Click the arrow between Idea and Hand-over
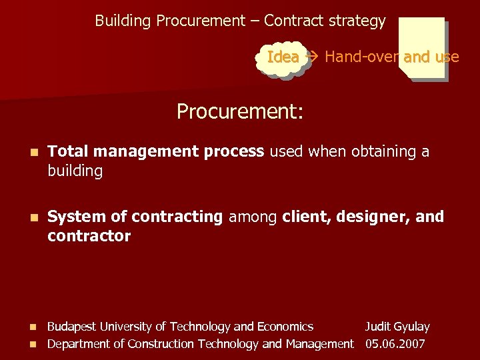[x=311, y=57]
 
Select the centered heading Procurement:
[x=240, y=111]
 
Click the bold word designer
[x=381, y=217]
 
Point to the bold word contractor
[x=89, y=237]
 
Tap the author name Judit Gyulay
[x=397, y=327]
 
